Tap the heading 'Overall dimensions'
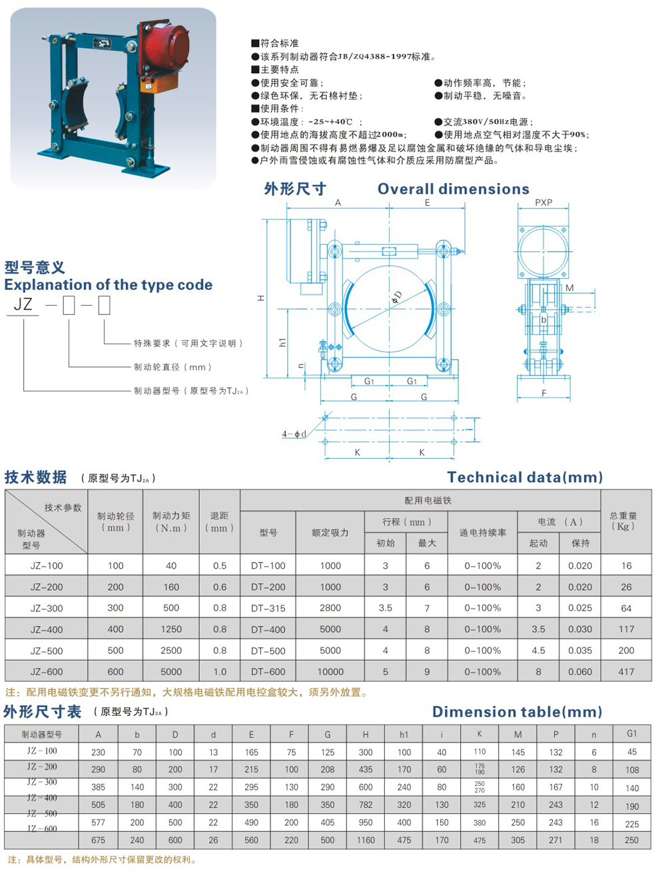[x=453, y=189]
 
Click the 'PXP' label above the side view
[x=543, y=202]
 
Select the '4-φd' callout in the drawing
[x=294, y=434]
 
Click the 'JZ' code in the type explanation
[x=23, y=305]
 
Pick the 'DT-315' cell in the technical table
[x=268, y=608]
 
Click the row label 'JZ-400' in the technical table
[x=47, y=629]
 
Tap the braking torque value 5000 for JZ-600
[x=171, y=672]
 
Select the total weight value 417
[x=626, y=672]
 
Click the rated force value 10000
[x=330, y=672]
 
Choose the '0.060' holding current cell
[x=580, y=672]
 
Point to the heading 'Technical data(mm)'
[x=525, y=477]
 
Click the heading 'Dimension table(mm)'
[x=517, y=712]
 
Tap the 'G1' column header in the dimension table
[x=631, y=734]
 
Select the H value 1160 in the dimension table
[x=366, y=840]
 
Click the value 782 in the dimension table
[x=366, y=805]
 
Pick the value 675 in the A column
[x=98, y=840]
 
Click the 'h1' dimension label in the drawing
[x=282, y=342]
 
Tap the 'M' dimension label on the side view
[x=569, y=288]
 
